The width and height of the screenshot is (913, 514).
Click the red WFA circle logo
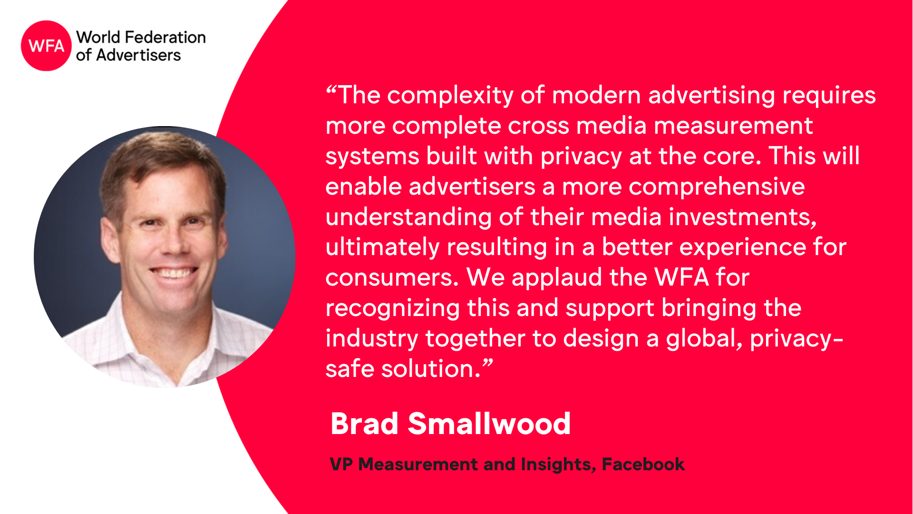tap(46, 46)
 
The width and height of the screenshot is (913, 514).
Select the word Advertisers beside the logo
tap(138, 55)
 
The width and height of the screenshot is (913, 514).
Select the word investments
tap(743, 217)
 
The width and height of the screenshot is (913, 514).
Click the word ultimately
tap(382, 248)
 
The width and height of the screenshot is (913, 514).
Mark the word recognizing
tap(392, 309)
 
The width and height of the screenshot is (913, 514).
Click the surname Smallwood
tap(489, 423)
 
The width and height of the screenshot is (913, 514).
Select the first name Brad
tap(364, 423)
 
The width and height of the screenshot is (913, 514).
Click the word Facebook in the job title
tap(643, 464)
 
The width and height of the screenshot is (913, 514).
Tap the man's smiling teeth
tap(173, 273)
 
